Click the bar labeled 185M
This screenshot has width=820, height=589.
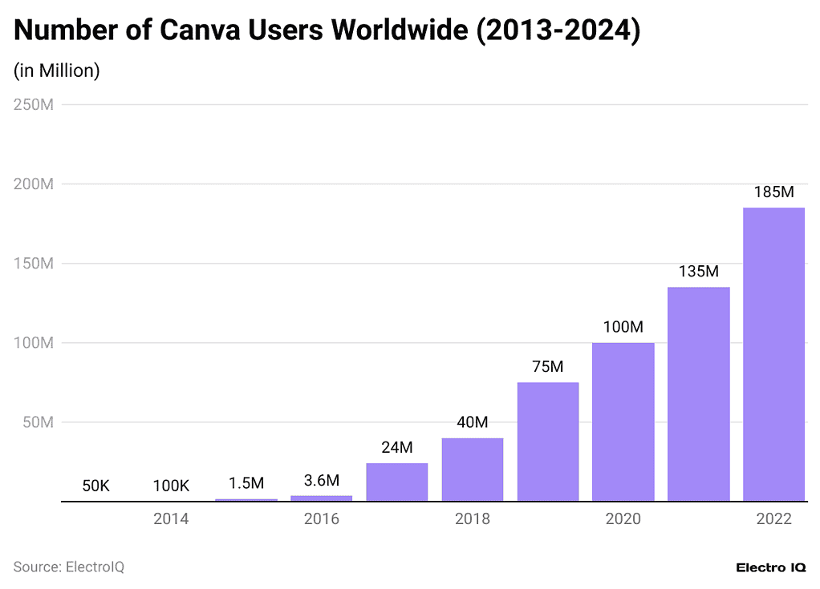coord(773,354)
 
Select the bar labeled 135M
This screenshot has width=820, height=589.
coord(698,394)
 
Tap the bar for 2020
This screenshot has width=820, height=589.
coord(623,422)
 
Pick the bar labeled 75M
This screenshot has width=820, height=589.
coord(548,442)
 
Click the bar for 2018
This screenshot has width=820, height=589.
coord(473,470)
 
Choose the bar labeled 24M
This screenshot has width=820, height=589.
coord(397,482)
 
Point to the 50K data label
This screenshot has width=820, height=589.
coord(95,486)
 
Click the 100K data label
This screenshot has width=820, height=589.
coord(171,486)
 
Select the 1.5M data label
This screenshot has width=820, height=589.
coord(246,483)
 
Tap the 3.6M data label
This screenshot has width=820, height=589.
coord(322,480)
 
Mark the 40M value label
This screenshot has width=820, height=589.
coord(473,422)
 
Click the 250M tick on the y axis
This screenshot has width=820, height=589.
coord(33,105)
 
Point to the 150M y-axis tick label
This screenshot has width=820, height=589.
coord(33,264)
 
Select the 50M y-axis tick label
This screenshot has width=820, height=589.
coord(37,422)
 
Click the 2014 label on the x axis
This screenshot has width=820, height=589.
coord(171,519)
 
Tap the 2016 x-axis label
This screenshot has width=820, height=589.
coord(322,519)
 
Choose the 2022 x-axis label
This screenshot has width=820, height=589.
coord(773,519)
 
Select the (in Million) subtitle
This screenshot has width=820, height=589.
coord(56,71)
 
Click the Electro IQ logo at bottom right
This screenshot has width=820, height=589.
coord(770,567)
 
